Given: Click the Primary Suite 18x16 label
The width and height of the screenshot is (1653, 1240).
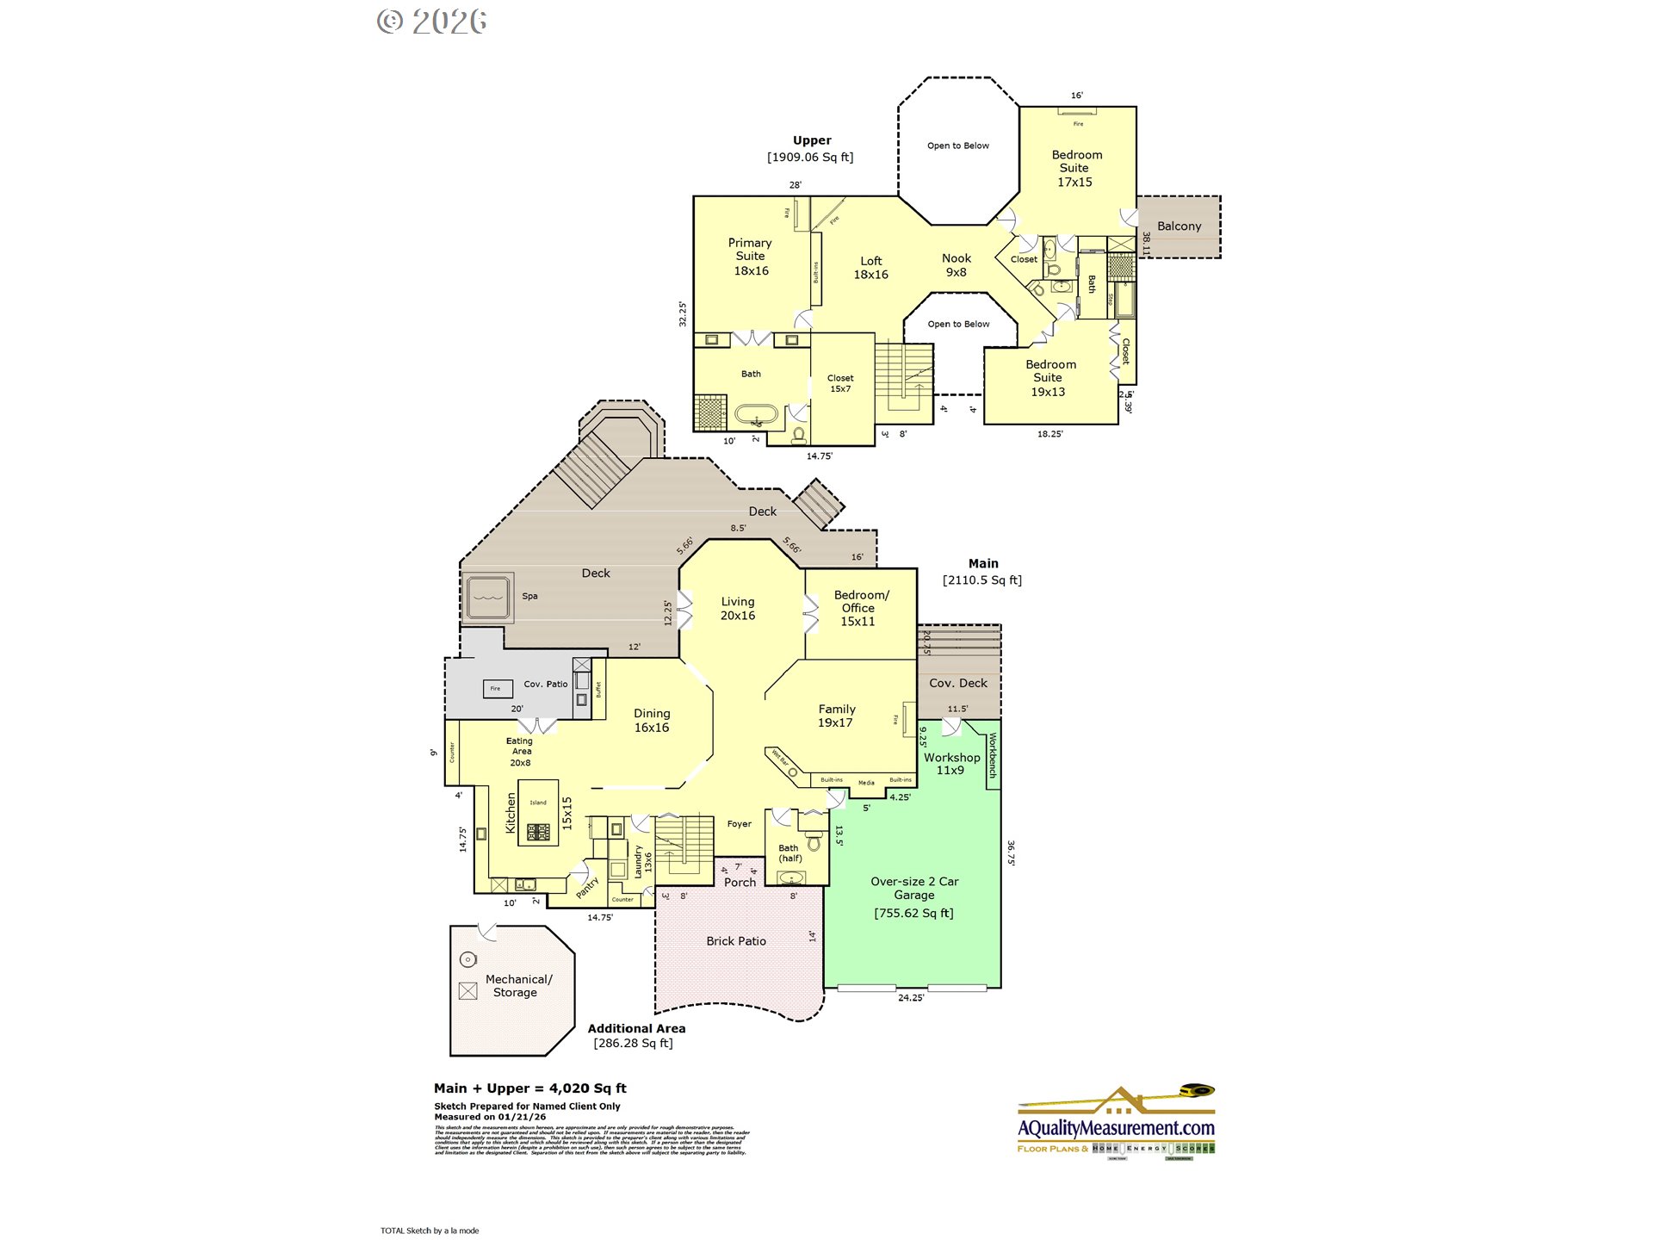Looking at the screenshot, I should tap(750, 257).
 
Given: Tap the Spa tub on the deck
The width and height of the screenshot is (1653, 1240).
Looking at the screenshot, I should tap(488, 597).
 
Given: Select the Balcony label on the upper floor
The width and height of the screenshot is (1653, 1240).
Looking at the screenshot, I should tap(1179, 226).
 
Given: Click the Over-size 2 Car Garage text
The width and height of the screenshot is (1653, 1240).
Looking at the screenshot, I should tap(913, 888).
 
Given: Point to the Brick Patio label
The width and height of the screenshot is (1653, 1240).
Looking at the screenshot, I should tap(735, 941).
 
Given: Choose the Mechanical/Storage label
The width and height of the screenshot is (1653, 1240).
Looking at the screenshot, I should tap(517, 986).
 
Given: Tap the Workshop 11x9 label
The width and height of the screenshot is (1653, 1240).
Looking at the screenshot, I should tap(951, 764).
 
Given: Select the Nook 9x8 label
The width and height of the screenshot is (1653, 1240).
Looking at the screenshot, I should tap(956, 265).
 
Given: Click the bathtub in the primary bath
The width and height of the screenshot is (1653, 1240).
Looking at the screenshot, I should tap(756, 416).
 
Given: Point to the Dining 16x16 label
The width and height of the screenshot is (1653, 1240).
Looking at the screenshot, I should tap(652, 721).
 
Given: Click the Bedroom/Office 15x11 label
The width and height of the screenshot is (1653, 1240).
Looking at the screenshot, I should tap(860, 608).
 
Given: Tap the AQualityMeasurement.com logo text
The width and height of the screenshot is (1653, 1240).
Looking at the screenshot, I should tap(1116, 1128).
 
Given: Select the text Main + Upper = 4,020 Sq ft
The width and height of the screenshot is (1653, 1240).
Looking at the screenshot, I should tap(530, 1088).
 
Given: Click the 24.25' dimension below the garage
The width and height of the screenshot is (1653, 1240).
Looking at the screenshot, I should tap(910, 998).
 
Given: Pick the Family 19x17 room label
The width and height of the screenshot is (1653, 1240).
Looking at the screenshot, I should tap(836, 716).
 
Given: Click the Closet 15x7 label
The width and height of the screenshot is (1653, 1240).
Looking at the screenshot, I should tap(840, 383).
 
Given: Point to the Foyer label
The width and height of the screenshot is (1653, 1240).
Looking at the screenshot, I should tap(739, 824).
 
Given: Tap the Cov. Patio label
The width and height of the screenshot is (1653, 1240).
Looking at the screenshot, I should tap(545, 685).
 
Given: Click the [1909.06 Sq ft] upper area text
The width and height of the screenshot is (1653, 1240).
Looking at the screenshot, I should tap(810, 158).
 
